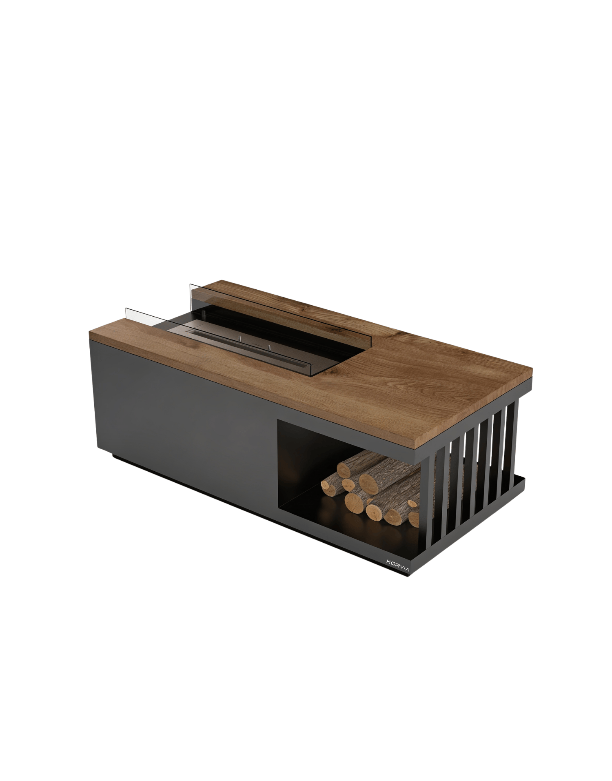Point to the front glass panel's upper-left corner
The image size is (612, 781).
(126, 308)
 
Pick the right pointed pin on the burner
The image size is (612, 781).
(269, 347)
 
